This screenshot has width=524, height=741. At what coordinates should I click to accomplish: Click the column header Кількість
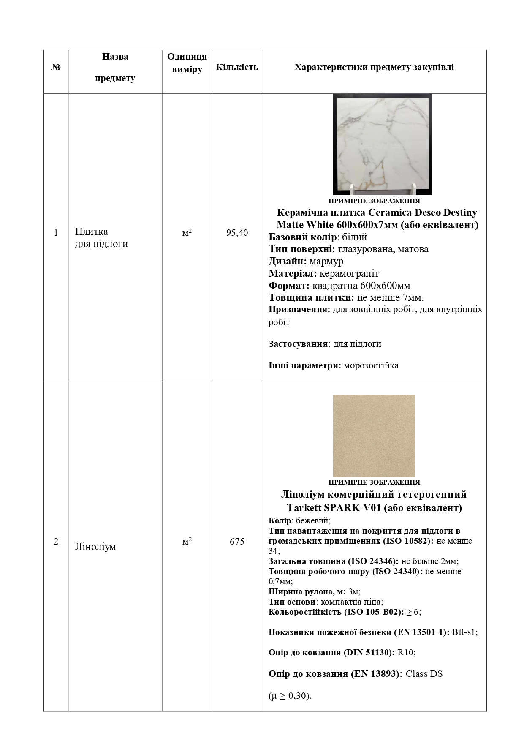point(237,68)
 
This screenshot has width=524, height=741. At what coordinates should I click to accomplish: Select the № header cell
point(56,68)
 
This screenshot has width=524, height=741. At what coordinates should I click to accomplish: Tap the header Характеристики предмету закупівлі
point(374,68)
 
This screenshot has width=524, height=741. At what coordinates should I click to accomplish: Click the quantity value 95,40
point(237,233)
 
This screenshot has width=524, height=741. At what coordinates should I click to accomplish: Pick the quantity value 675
point(237,542)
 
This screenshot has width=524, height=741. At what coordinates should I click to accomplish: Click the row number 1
point(56,233)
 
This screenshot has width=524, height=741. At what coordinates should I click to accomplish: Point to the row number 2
point(56,542)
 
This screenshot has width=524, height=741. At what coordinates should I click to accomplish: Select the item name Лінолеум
point(95,547)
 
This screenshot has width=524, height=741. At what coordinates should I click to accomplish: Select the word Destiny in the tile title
point(460,212)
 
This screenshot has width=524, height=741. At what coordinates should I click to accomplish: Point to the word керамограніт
point(349,273)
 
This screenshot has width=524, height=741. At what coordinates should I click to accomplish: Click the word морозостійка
point(371,365)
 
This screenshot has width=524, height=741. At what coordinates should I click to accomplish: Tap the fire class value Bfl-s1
point(464,632)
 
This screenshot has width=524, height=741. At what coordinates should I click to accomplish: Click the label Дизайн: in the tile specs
point(284,261)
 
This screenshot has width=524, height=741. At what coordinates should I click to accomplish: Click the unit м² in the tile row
point(187,233)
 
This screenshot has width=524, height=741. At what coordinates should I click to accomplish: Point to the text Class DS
point(424,674)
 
